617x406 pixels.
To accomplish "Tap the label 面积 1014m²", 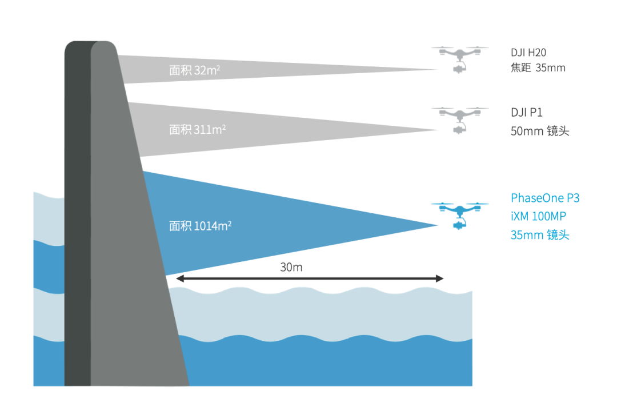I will [200, 225].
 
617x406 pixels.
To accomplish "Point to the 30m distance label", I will [291, 267].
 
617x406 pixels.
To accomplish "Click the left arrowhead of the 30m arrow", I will [179, 278].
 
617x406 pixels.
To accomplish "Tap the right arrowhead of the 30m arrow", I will [440, 278].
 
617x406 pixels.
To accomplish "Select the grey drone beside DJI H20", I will [460, 56].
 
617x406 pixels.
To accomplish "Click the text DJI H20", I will [528, 53].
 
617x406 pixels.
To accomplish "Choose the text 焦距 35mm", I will [538, 68].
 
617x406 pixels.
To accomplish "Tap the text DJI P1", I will [526, 113].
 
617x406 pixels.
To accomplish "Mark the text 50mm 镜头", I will [540, 131].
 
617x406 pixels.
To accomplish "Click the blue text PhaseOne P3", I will [545, 198].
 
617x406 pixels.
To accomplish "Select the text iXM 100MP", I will [539, 217].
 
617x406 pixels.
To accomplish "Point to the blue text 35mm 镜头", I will [540, 235].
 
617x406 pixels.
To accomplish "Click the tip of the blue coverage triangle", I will [437, 225].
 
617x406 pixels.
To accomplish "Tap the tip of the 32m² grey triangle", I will [437, 70].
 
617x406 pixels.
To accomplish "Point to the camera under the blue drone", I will [458, 225].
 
